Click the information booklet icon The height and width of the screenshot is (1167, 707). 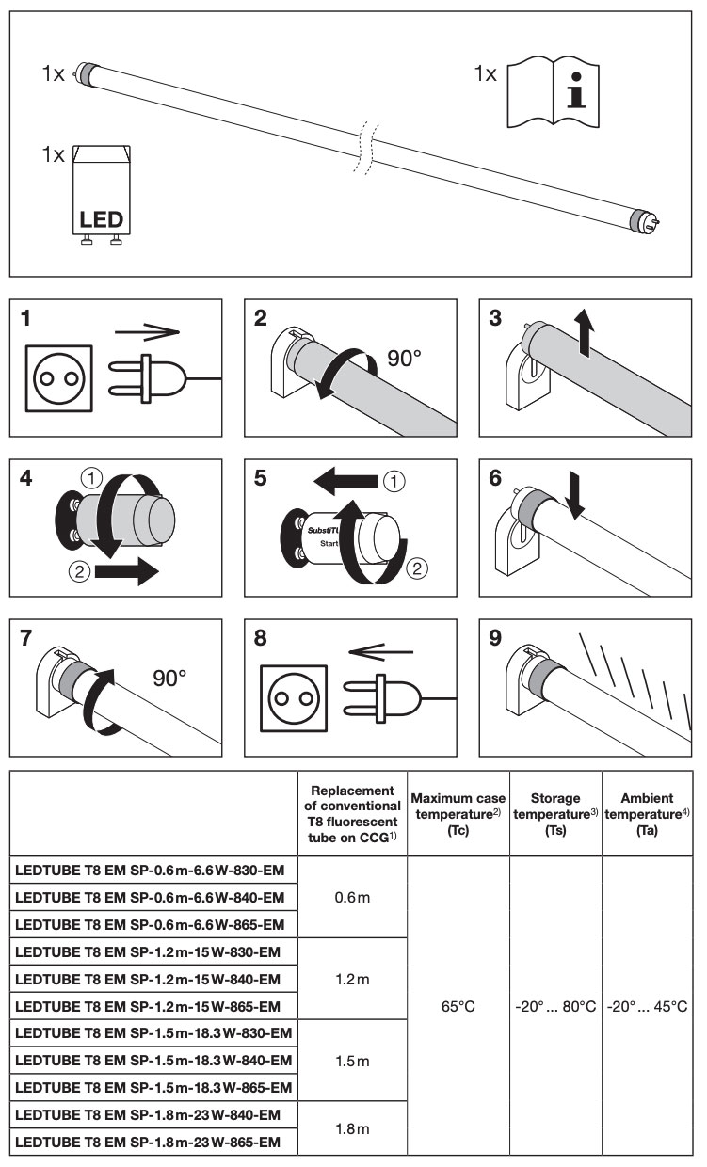[x=553, y=93]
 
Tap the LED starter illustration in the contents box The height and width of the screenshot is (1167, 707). [x=101, y=195]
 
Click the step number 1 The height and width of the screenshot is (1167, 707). [x=25, y=318]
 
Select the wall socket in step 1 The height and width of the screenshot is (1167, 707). [x=59, y=378]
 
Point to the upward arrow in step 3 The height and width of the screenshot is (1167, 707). [x=585, y=332]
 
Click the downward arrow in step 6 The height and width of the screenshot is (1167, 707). [x=574, y=495]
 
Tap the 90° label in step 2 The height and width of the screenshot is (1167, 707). [x=404, y=359]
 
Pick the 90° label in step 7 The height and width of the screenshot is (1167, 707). [x=169, y=679]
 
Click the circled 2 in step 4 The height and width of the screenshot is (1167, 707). [x=79, y=571]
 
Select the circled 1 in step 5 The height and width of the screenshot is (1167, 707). [x=394, y=482]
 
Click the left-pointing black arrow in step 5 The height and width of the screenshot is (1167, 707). [x=345, y=481]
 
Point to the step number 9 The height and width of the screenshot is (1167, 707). [x=495, y=638]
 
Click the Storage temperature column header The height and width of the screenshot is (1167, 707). [x=555, y=814]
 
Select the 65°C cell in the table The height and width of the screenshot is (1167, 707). [x=458, y=1006]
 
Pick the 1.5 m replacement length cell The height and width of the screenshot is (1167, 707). [x=352, y=1061]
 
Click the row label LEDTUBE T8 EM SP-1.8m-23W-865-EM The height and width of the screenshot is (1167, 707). [x=148, y=1142]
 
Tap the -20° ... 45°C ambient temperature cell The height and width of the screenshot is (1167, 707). [x=647, y=1006]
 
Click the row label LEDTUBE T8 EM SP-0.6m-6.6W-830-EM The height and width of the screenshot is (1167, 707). [x=150, y=870]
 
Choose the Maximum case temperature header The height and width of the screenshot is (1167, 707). [x=458, y=814]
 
